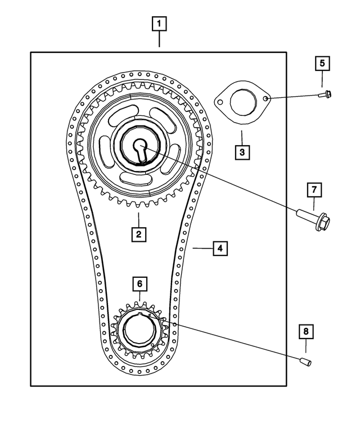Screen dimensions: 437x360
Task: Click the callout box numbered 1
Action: (x=160, y=24)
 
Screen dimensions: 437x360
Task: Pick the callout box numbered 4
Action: (x=220, y=247)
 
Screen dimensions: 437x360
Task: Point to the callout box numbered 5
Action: (x=322, y=63)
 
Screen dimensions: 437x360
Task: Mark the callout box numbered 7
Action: (x=314, y=190)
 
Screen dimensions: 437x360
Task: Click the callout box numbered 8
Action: (x=305, y=332)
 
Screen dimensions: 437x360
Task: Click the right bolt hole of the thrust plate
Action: (x=264, y=98)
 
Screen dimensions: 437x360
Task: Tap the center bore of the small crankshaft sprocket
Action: (x=138, y=331)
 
